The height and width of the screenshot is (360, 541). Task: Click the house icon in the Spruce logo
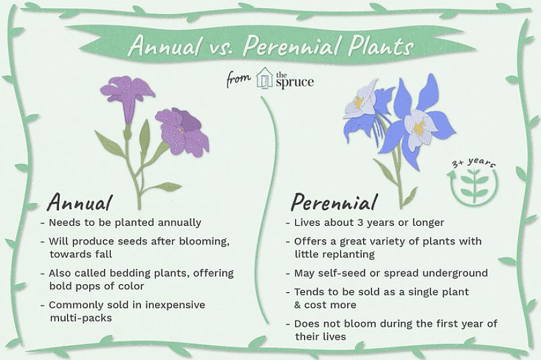264,78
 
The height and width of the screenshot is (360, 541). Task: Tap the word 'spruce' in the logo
295,83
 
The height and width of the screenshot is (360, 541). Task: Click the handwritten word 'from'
238,79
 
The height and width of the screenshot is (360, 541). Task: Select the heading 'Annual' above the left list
80,202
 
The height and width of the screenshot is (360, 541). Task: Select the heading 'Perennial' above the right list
334,202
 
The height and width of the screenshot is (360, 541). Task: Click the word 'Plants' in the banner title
380,46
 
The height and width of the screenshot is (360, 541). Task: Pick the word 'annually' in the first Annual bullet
179,223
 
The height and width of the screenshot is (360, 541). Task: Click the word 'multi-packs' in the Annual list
81,318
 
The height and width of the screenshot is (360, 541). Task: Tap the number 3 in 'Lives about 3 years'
360,222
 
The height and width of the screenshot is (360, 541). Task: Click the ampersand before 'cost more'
297,305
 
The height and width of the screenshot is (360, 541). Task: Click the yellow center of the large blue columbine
420,127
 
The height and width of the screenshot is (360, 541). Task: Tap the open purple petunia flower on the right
183,131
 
